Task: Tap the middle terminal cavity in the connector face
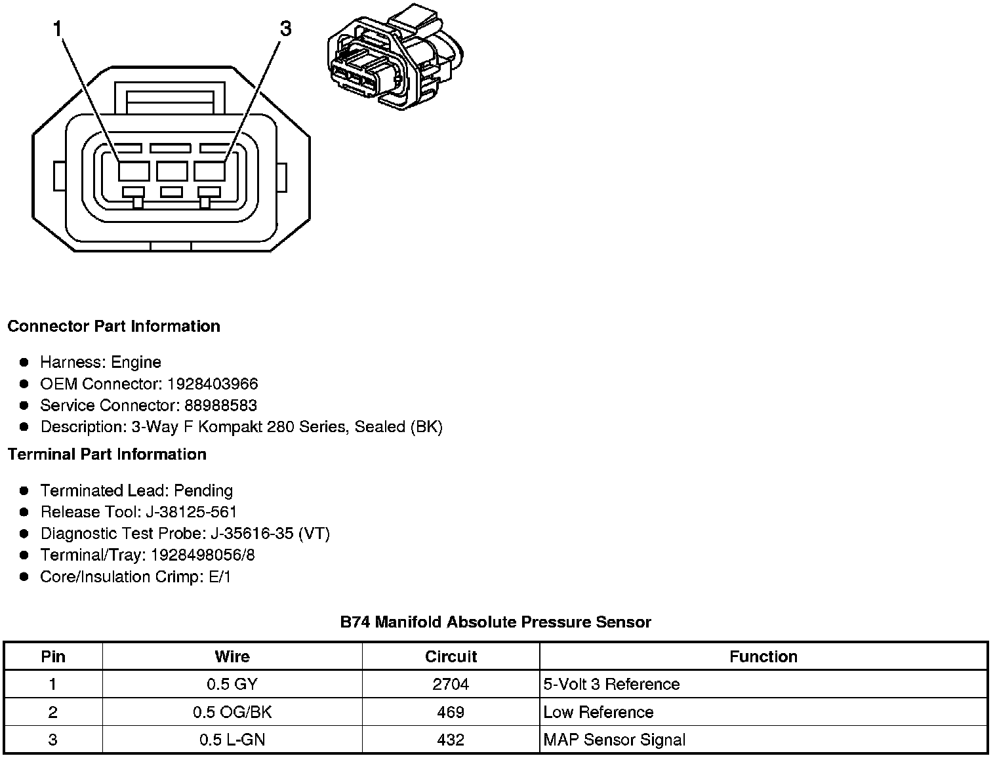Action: coord(172,171)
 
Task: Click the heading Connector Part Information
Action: coord(113,327)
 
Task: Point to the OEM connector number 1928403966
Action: coord(212,384)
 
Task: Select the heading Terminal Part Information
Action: coord(107,454)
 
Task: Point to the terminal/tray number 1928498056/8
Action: coord(203,555)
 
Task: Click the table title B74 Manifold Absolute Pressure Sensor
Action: coord(495,622)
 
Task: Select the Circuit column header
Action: coord(451,656)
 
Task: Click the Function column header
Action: coord(763,656)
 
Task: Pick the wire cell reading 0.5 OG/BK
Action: coord(232,712)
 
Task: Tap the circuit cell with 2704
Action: coord(451,685)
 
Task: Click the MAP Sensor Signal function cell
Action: coord(614,740)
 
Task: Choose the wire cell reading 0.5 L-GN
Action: coord(232,740)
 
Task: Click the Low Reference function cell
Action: coord(598,712)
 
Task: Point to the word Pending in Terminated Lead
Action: coord(203,490)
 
